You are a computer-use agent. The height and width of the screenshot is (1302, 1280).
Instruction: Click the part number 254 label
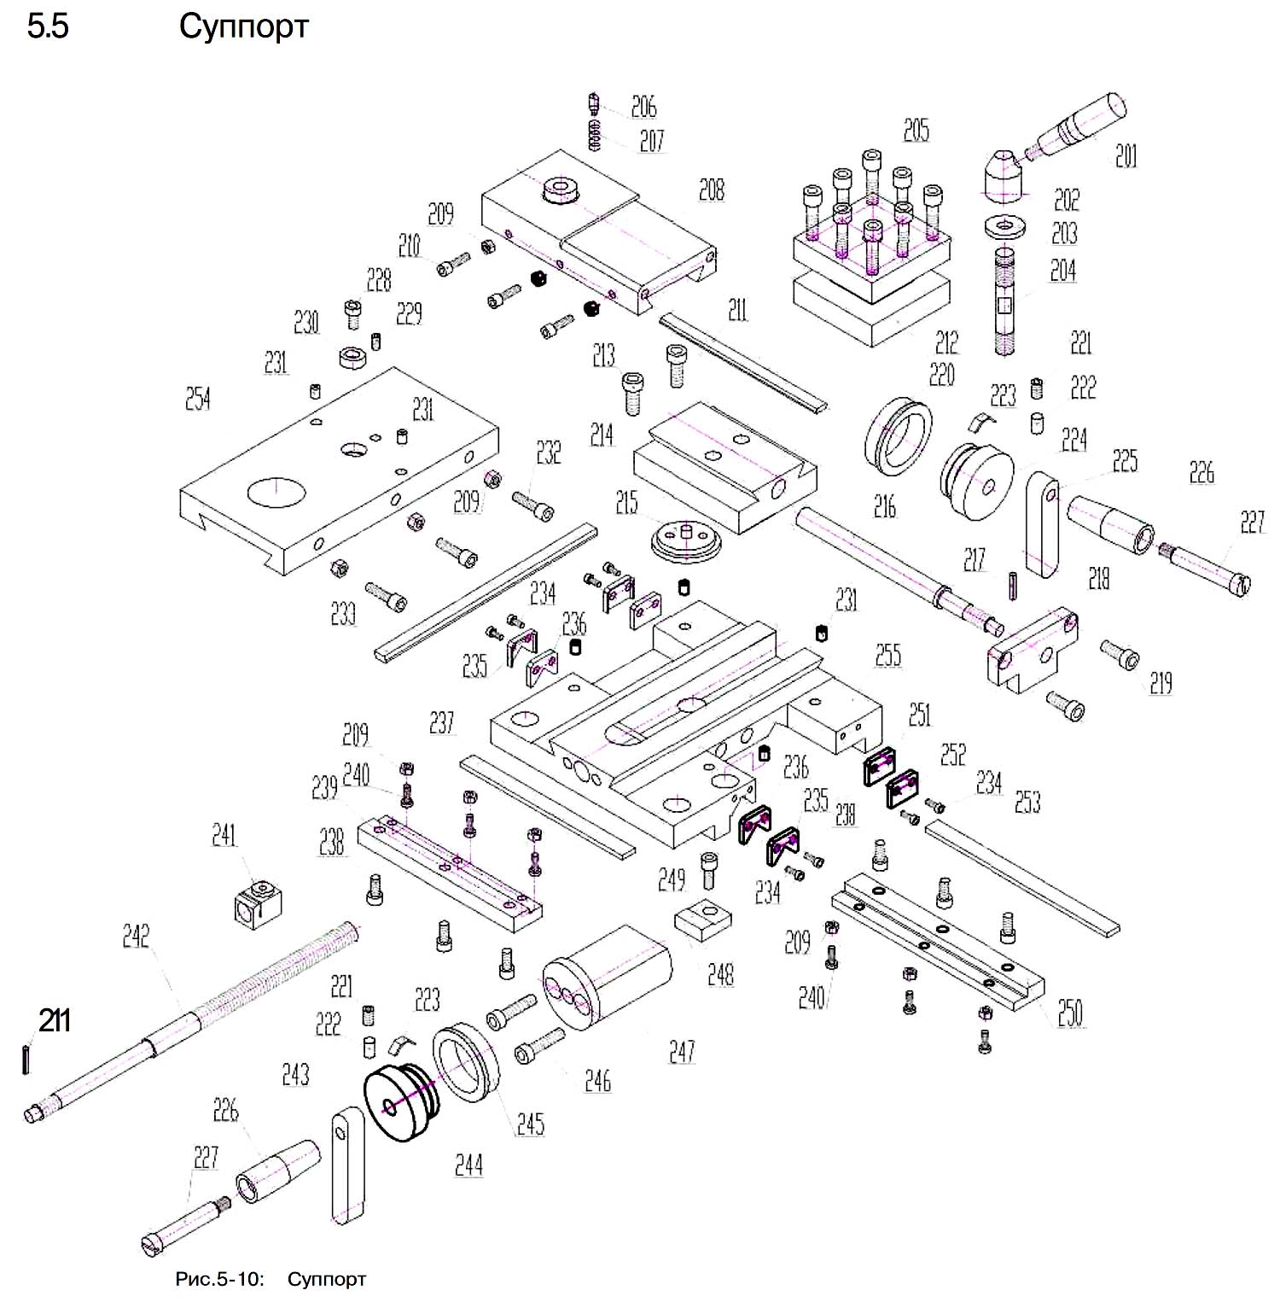[198, 399]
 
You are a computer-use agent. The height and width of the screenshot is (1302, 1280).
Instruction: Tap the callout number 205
[916, 131]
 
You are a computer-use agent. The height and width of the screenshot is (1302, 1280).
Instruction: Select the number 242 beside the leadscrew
[136, 936]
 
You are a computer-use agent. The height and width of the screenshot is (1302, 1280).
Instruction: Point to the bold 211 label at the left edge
[54, 1020]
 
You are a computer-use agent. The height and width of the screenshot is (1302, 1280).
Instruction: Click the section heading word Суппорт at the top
[243, 27]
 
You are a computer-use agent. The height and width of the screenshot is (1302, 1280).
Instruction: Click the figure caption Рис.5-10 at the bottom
[219, 1279]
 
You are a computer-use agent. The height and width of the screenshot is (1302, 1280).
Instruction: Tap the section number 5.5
[48, 27]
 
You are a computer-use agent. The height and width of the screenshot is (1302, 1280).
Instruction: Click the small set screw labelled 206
[595, 105]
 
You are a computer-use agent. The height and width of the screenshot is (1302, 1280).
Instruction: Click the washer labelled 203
[1005, 228]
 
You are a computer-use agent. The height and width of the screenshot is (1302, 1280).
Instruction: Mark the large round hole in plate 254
[276, 492]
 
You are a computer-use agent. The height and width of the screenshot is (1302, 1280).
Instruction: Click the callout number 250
[1070, 1013]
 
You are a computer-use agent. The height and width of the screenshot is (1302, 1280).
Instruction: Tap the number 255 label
[888, 655]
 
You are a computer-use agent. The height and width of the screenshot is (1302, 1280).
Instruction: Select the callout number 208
[711, 190]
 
